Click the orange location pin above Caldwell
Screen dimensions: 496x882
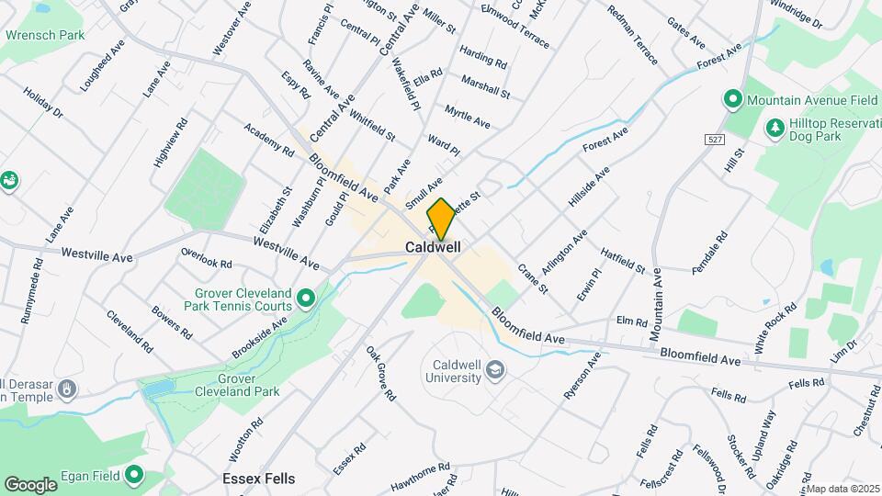click(441, 219)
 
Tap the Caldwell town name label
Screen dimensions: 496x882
click(433, 248)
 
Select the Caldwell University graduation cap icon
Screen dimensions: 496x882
click(496, 370)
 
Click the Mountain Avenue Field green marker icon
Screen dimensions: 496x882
click(732, 98)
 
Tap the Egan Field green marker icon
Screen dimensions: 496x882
click(135, 475)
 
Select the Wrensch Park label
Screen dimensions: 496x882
click(45, 35)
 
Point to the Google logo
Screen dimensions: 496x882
click(31, 484)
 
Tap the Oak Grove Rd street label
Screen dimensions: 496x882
click(380, 373)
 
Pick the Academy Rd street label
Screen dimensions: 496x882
click(268, 139)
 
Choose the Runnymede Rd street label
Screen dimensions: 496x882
click(32, 290)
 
